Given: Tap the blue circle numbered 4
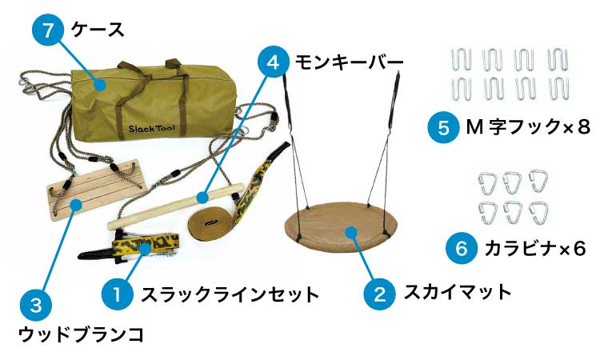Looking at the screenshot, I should click(x=273, y=61).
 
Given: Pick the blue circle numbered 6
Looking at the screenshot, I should click(x=461, y=249).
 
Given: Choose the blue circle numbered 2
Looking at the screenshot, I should click(x=379, y=293).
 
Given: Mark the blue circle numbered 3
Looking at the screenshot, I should click(x=34, y=304).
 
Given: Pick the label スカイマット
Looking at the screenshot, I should click(x=457, y=292).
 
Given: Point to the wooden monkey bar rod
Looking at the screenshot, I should click(x=177, y=204).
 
